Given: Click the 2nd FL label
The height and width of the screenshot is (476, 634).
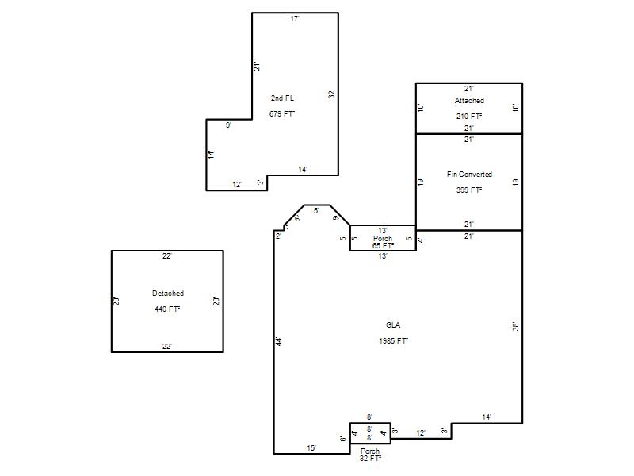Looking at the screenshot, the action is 282,98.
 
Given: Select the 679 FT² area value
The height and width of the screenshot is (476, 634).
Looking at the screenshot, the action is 282,113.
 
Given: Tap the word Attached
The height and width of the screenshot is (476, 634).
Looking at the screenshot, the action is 469,101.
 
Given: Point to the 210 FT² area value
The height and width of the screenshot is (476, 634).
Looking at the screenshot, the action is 469,116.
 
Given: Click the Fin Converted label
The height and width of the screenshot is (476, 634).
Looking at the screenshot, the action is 469,174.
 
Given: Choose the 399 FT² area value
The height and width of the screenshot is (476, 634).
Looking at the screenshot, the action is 469,190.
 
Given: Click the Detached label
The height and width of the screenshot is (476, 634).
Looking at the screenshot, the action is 168,293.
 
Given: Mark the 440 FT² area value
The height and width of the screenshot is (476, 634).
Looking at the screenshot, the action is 167,309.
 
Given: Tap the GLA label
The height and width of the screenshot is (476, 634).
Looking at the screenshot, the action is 393,324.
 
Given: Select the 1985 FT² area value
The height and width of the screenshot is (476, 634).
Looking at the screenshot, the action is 393,341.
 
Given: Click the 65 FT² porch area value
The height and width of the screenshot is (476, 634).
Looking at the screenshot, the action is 383,245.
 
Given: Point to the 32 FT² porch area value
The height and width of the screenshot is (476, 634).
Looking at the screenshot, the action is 370,458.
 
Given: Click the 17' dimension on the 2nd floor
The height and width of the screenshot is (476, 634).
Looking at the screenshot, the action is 295,18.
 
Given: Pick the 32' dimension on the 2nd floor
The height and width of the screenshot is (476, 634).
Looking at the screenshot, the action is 331,94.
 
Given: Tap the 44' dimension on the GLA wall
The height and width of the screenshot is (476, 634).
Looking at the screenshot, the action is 279,341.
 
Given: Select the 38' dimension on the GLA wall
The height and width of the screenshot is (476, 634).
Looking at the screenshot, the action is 516,326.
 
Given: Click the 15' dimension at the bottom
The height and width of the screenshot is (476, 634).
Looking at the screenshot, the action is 311,447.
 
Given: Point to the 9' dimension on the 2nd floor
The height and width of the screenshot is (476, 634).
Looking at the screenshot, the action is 228,125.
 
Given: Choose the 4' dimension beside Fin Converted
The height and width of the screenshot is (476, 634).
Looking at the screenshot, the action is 421,240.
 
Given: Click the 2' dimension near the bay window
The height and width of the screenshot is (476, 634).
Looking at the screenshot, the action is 278,236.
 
